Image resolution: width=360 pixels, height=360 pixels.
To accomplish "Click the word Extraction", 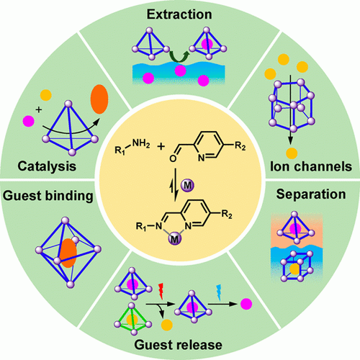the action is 179,14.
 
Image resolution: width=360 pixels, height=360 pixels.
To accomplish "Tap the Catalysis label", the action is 47,166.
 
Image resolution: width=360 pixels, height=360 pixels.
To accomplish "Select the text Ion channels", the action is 311,166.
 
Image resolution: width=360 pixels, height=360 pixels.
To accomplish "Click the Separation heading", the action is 311,194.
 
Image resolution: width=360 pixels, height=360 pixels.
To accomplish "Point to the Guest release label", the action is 178,345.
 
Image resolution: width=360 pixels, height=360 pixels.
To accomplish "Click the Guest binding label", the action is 48,196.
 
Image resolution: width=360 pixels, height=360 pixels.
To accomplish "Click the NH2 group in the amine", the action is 141,144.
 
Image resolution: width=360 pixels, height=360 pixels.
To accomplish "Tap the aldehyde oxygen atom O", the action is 173,158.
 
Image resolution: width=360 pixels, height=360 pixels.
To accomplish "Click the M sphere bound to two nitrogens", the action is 175,239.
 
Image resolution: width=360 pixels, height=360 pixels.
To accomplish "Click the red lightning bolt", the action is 161,291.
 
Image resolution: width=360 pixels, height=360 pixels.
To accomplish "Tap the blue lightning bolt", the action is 219,292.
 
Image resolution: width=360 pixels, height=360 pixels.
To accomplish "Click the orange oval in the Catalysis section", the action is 99,99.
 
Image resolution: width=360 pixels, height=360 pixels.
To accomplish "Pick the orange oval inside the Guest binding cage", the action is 68,253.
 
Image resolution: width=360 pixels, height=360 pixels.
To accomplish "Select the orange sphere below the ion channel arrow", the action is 292,153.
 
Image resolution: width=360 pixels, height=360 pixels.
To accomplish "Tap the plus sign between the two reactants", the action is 161,146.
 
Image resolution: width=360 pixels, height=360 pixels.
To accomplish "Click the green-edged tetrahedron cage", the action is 132,319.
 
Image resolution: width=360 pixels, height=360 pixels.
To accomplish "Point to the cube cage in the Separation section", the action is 297,266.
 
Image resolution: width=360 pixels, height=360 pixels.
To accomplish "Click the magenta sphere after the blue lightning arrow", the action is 246,304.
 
